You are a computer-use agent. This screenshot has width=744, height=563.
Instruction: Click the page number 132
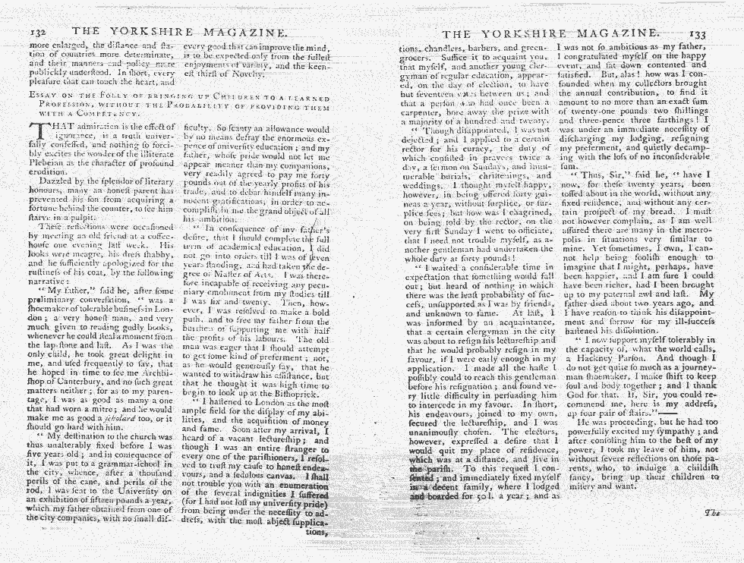[x=42, y=33]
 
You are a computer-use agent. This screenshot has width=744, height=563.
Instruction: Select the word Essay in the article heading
[x=39, y=94]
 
